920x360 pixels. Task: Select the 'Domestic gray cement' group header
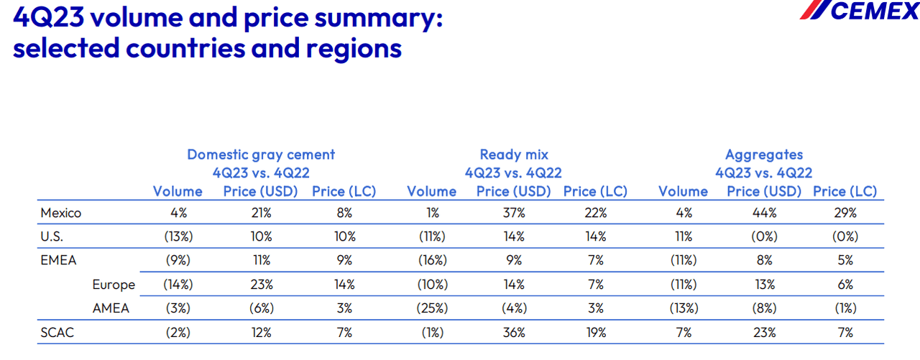coord(261,154)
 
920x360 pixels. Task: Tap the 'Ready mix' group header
coord(514,154)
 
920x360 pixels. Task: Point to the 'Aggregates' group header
coord(764,154)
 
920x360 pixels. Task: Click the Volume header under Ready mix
coord(431,191)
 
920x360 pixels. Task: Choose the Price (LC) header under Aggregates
coord(845,191)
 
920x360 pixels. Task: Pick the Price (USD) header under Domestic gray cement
coord(261,191)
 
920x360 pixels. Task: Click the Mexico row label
coord(61,213)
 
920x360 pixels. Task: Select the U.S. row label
coord(52,236)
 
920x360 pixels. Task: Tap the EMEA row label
coord(58,260)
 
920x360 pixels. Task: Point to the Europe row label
coord(114,285)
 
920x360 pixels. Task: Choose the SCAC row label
coord(57,333)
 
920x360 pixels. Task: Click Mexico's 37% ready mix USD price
coord(514,213)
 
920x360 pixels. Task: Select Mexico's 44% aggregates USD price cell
coord(764,213)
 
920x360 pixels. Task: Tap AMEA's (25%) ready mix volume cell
coord(431,308)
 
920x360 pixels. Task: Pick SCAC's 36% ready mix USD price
coord(514,333)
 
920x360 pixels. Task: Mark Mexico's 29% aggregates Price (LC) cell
coord(845,213)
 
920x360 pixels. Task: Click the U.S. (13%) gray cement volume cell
coord(178,236)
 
